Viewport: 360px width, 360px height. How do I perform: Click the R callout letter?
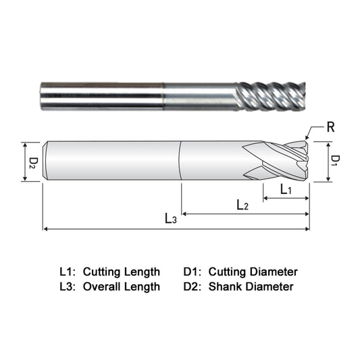point(330,127)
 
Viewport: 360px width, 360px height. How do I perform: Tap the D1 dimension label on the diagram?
point(336,161)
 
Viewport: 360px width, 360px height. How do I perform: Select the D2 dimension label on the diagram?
point(34,163)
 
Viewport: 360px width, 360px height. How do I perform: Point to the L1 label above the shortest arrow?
point(286,190)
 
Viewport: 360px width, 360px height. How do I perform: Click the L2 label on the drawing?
point(242,205)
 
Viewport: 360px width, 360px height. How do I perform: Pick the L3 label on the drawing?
point(171,218)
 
